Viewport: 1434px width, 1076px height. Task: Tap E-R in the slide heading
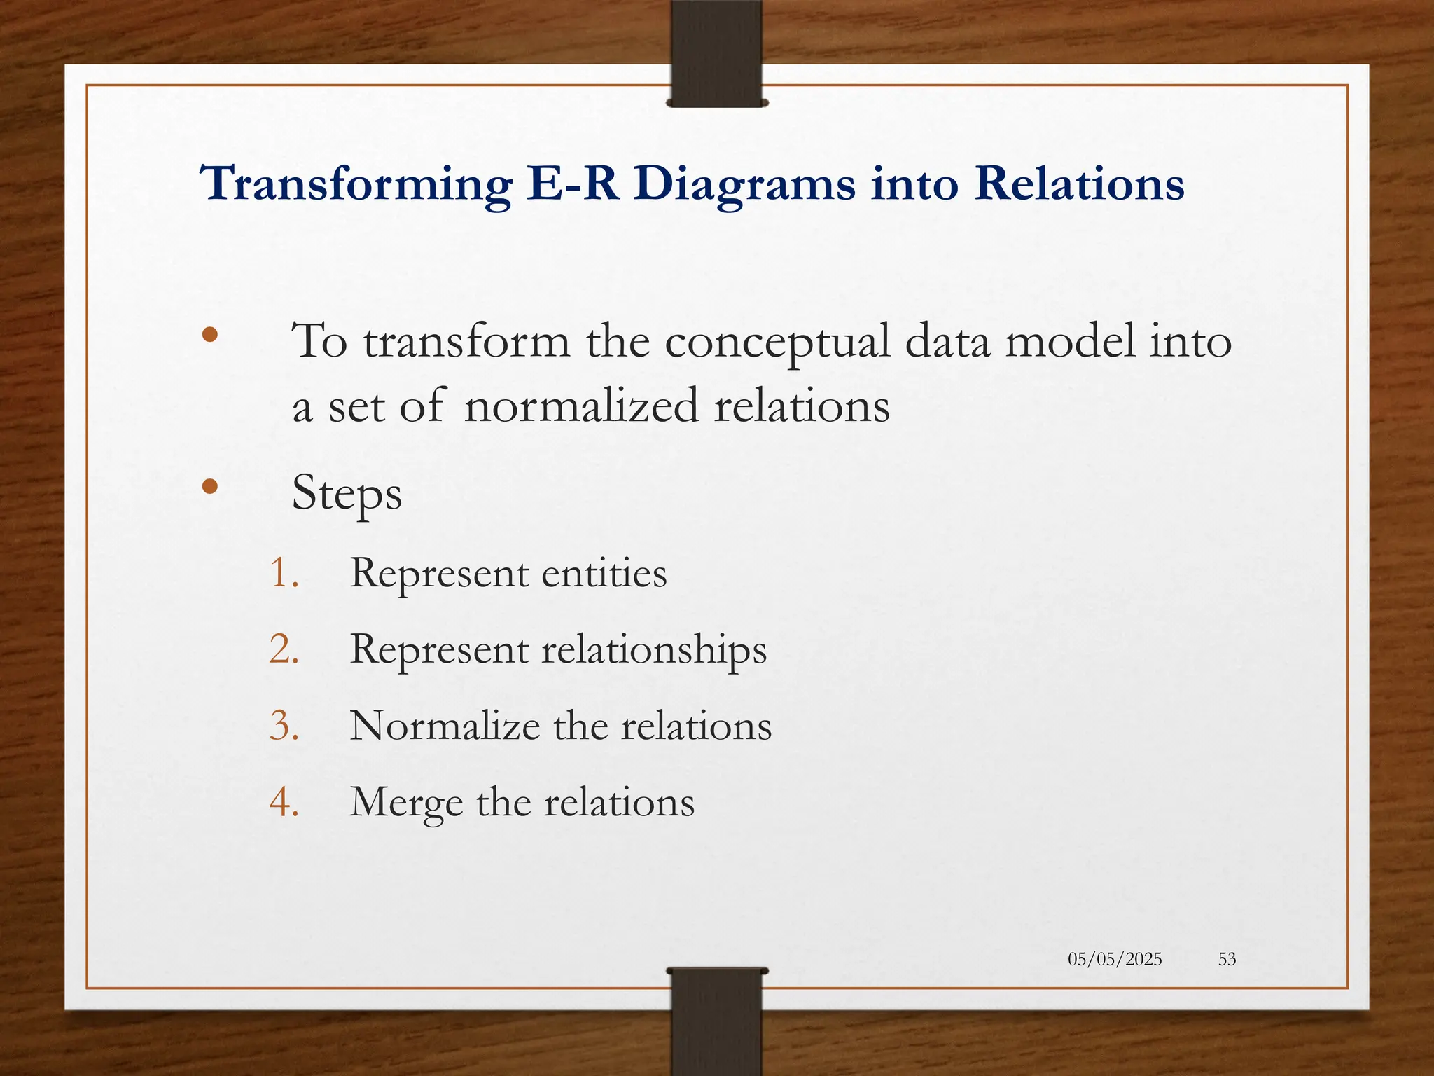[x=573, y=184]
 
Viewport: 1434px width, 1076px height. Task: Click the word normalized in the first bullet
[x=580, y=406]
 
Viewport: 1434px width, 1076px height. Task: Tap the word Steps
[x=347, y=494]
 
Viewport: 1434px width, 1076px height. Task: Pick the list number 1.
[x=284, y=573]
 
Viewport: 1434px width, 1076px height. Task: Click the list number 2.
[x=284, y=649]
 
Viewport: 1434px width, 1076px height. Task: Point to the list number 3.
[x=284, y=725]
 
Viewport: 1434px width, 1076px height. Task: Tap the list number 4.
[x=284, y=801]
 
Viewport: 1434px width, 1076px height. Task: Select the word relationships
[x=654, y=650]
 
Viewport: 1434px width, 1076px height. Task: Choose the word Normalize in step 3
[x=445, y=725]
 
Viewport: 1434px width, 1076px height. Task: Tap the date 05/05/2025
[x=1115, y=959]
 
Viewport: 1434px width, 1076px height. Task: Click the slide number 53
[x=1227, y=959]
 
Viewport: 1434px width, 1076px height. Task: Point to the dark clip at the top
[x=716, y=53]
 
